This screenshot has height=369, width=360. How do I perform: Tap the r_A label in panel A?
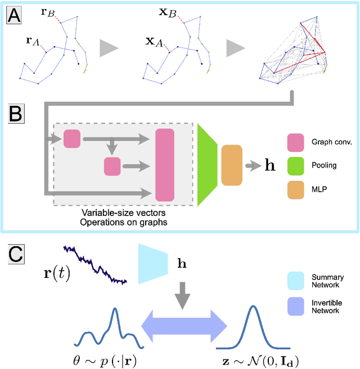pyautogui.click(x=32, y=40)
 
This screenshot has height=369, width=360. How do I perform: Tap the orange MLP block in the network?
pyautogui.click(x=231, y=165)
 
